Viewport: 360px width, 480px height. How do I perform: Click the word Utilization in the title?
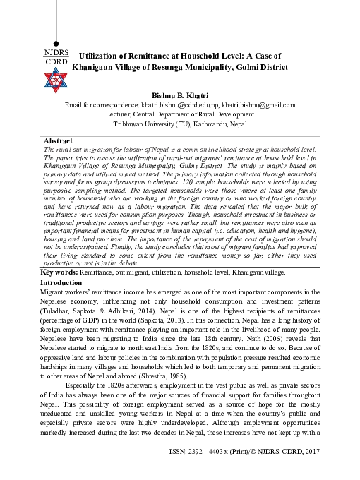[x=103, y=56]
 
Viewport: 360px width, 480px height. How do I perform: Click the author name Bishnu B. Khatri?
[x=179, y=94]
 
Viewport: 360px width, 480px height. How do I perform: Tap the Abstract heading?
[x=59, y=141]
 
